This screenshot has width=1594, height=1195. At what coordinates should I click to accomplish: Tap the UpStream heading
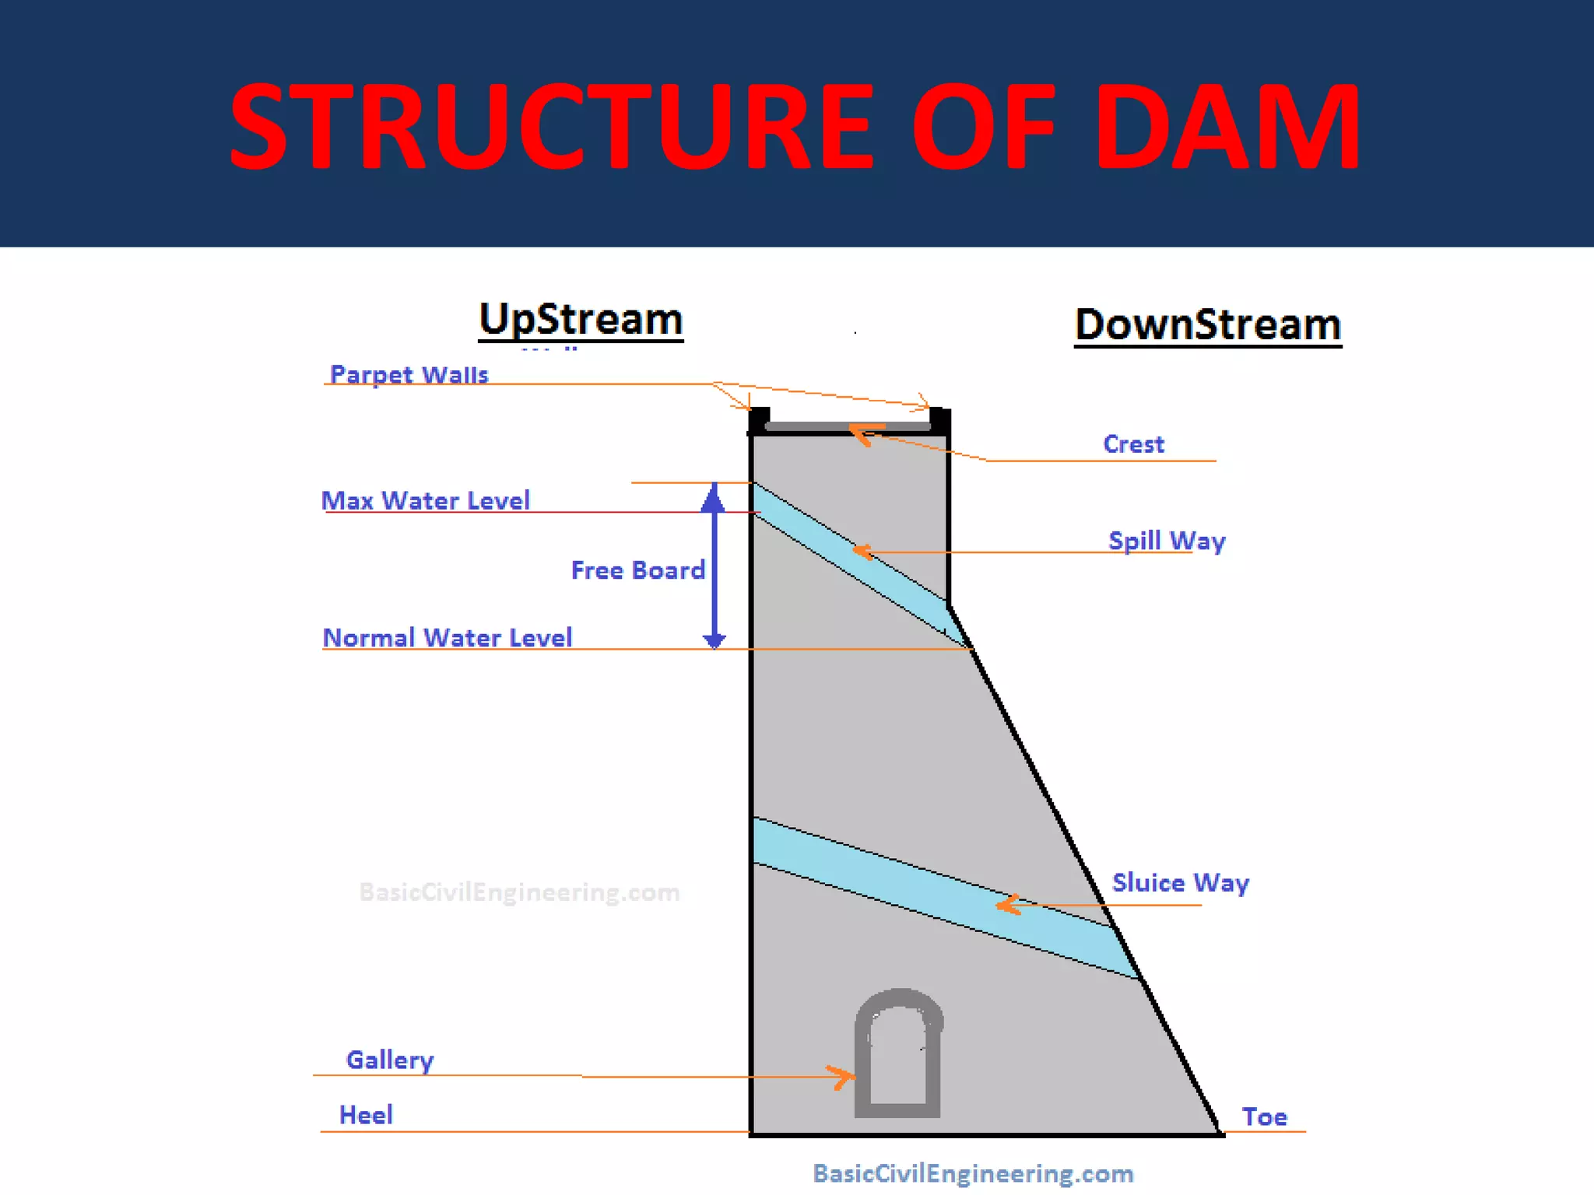581,320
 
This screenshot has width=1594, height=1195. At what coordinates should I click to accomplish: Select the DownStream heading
1208,324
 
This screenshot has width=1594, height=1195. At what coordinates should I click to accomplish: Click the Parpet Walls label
409,374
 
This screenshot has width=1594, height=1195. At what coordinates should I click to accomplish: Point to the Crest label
1133,444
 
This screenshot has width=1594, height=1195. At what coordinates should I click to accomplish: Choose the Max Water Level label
426,500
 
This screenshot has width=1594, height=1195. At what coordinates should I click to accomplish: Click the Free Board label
637,570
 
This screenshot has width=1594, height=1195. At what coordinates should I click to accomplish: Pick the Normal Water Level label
448,638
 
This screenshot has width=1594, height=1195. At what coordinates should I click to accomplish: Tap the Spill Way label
1167,541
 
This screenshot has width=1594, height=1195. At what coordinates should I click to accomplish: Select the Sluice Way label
1180,883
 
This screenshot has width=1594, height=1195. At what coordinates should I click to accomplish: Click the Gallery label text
390,1060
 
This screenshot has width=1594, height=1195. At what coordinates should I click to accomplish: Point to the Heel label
366,1115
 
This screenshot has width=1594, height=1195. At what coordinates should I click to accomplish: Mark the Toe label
1264,1117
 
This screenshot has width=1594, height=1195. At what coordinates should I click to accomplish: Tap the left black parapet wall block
759,420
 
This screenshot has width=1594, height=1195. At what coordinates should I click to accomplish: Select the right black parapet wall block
939,420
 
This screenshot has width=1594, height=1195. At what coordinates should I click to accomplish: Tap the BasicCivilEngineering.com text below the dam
973,1173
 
